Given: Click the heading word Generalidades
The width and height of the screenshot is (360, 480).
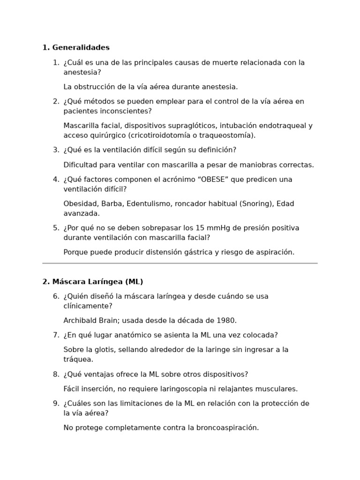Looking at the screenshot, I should [x=81, y=47].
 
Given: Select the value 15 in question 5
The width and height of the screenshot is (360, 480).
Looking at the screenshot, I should [x=200, y=228].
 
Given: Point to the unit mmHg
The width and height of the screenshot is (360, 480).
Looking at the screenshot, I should [x=219, y=228].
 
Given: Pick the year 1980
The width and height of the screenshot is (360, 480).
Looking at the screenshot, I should [x=226, y=321].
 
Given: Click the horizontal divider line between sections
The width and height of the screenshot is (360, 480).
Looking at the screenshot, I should [x=180, y=263].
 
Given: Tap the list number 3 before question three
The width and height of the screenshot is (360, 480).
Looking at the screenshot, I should [x=55, y=150].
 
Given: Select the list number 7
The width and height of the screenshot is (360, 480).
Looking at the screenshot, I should [x=55, y=335].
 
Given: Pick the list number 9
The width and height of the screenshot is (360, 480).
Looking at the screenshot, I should [x=55, y=404].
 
